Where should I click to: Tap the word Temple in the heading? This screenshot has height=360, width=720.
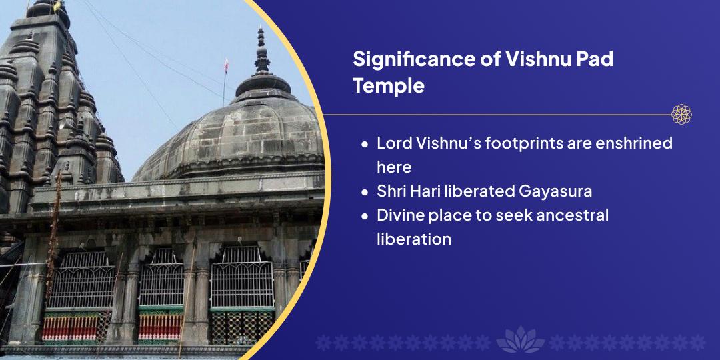[x=389, y=85]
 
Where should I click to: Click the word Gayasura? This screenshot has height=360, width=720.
[x=555, y=191]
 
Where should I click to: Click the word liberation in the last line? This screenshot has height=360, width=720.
[x=414, y=239]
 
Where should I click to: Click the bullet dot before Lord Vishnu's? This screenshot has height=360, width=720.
[x=365, y=144]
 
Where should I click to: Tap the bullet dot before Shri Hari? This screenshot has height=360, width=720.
[x=365, y=191]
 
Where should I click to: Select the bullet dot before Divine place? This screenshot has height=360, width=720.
[x=365, y=215]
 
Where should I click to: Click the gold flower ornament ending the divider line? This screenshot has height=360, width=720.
[x=681, y=115]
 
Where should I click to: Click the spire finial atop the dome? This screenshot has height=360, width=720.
[x=262, y=51]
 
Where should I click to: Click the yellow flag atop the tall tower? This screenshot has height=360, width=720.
[x=57, y=5]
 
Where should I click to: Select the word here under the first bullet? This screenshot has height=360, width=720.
[x=394, y=167]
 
